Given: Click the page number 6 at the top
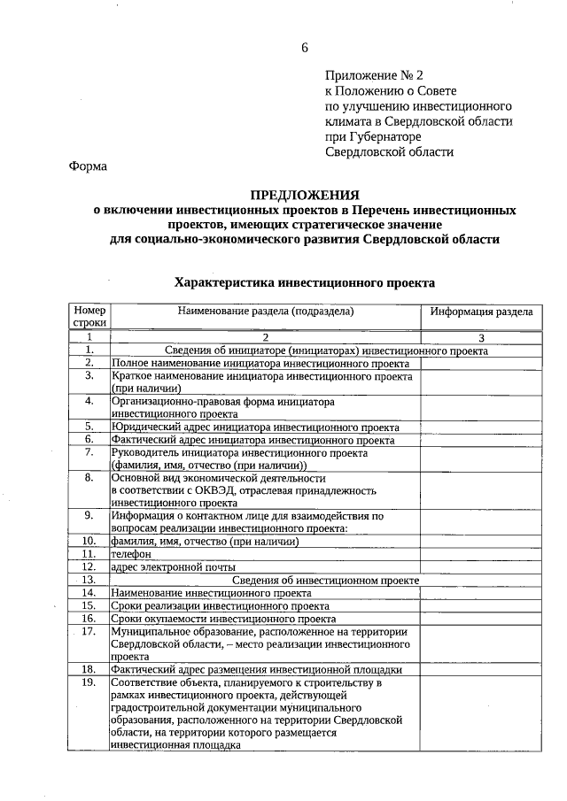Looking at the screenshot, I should (x=304, y=47).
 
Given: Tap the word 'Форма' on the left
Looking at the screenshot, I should (x=88, y=166).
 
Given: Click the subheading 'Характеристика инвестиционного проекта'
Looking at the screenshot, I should (x=305, y=282).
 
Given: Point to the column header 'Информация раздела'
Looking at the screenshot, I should (x=481, y=312).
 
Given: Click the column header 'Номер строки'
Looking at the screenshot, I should (x=89, y=318).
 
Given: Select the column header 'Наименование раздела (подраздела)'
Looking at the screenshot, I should (x=265, y=312).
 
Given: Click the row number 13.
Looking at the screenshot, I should (x=89, y=580).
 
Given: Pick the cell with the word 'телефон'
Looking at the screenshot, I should (x=130, y=554).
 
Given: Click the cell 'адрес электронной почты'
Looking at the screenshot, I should (x=173, y=566).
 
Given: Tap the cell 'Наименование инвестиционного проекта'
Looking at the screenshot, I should (x=211, y=593).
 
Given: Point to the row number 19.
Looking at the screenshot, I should (x=89, y=683).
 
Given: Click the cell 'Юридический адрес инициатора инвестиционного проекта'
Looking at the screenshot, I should (x=255, y=426).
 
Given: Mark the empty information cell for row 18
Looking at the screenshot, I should (x=481, y=670).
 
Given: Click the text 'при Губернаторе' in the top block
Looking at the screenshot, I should (x=373, y=136).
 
